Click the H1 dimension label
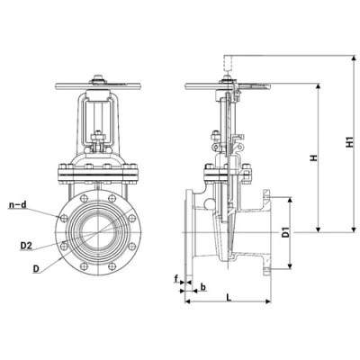tap(349, 142)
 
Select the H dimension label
tap(314, 157)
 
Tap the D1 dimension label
tap(286, 233)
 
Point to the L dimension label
tap(229, 298)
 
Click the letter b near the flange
tap(203, 287)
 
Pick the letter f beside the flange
tap(176, 279)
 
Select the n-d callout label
tap(18, 205)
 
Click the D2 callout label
tap(26, 246)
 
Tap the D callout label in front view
tap(36, 269)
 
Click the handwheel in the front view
tap(98, 86)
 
